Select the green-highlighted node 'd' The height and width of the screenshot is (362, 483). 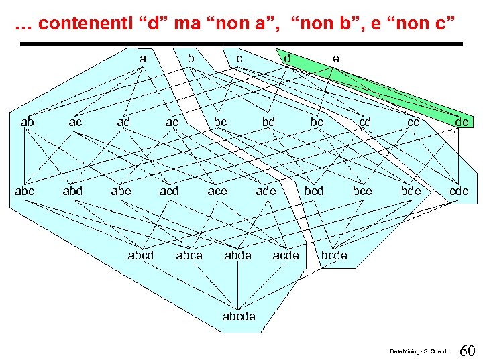(x=287, y=58)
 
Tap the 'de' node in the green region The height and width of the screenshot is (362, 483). (x=462, y=122)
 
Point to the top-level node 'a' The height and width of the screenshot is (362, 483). (x=142, y=58)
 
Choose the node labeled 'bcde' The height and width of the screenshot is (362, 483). (x=334, y=255)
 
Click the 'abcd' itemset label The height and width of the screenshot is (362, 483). (x=141, y=255)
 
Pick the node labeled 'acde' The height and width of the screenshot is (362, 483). (x=286, y=255)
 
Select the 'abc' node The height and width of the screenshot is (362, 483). (x=25, y=191)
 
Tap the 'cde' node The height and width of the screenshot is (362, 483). (x=459, y=191)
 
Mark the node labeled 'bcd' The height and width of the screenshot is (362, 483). (x=314, y=191)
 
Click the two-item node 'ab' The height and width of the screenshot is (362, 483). (x=28, y=122)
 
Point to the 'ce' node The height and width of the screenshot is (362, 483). (x=414, y=122)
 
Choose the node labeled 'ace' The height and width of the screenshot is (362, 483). (x=217, y=191)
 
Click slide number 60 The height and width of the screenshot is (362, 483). (x=468, y=350)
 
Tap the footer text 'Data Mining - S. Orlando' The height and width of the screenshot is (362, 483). (x=421, y=351)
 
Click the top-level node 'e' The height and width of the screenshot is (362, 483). (x=335, y=58)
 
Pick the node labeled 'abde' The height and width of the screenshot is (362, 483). (x=237, y=255)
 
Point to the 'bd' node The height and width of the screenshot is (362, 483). (x=268, y=122)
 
